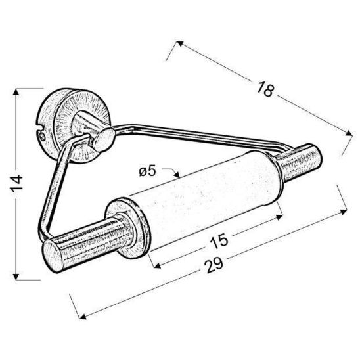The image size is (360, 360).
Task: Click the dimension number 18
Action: tap(265, 90)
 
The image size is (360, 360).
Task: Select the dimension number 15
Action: tap(220, 240)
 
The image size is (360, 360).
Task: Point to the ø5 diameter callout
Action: tap(148, 172)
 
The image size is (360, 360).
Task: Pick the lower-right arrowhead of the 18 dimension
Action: tap(350, 135)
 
